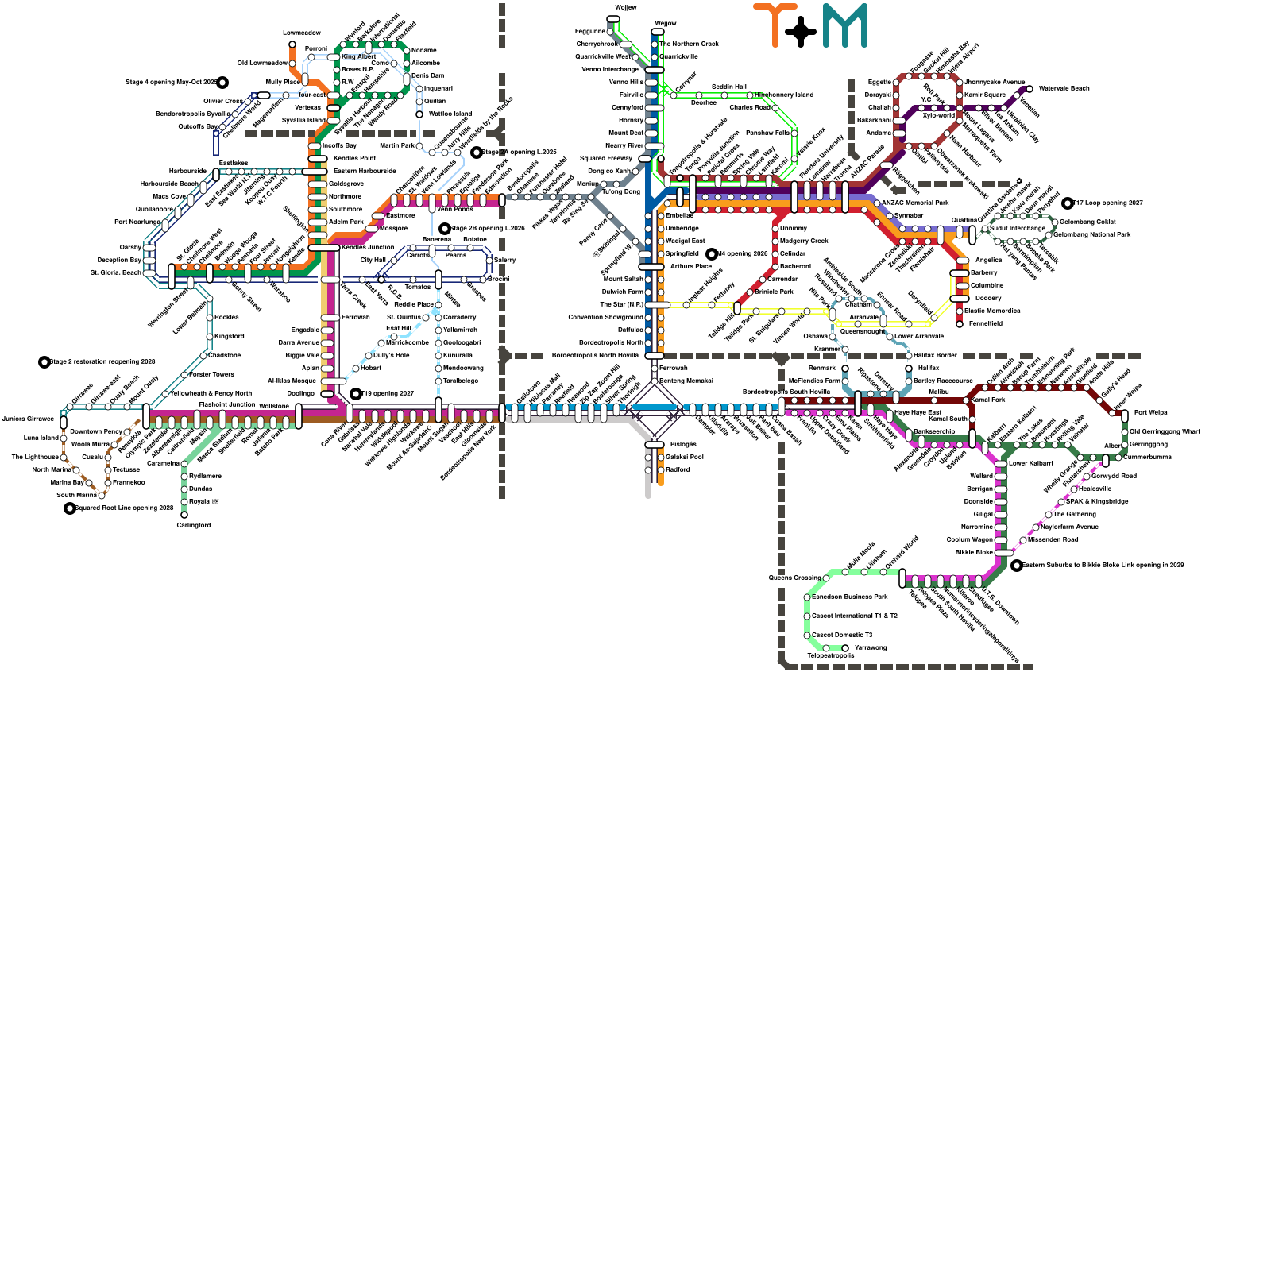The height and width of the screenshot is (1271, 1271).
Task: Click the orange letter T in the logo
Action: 775,24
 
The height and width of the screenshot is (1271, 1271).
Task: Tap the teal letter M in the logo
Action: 844,25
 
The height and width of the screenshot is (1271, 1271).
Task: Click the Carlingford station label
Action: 193,525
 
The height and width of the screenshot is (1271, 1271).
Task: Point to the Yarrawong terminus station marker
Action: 845,648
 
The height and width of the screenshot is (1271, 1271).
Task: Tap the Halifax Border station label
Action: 935,355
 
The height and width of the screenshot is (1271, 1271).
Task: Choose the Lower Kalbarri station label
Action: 1030,463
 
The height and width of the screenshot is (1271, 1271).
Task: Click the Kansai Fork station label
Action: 988,400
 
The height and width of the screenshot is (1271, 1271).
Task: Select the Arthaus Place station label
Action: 690,266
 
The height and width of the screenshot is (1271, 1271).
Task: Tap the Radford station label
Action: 678,469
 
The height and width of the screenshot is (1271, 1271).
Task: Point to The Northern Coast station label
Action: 689,44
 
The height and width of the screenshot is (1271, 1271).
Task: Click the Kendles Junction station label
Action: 367,247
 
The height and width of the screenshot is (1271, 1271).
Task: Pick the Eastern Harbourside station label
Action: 365,171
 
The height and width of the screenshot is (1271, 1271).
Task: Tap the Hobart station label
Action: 371,368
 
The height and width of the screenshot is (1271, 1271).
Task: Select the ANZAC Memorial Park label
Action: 915,203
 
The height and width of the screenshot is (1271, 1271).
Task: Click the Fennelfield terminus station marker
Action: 960,324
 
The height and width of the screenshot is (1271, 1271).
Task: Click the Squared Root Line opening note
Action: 124,508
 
